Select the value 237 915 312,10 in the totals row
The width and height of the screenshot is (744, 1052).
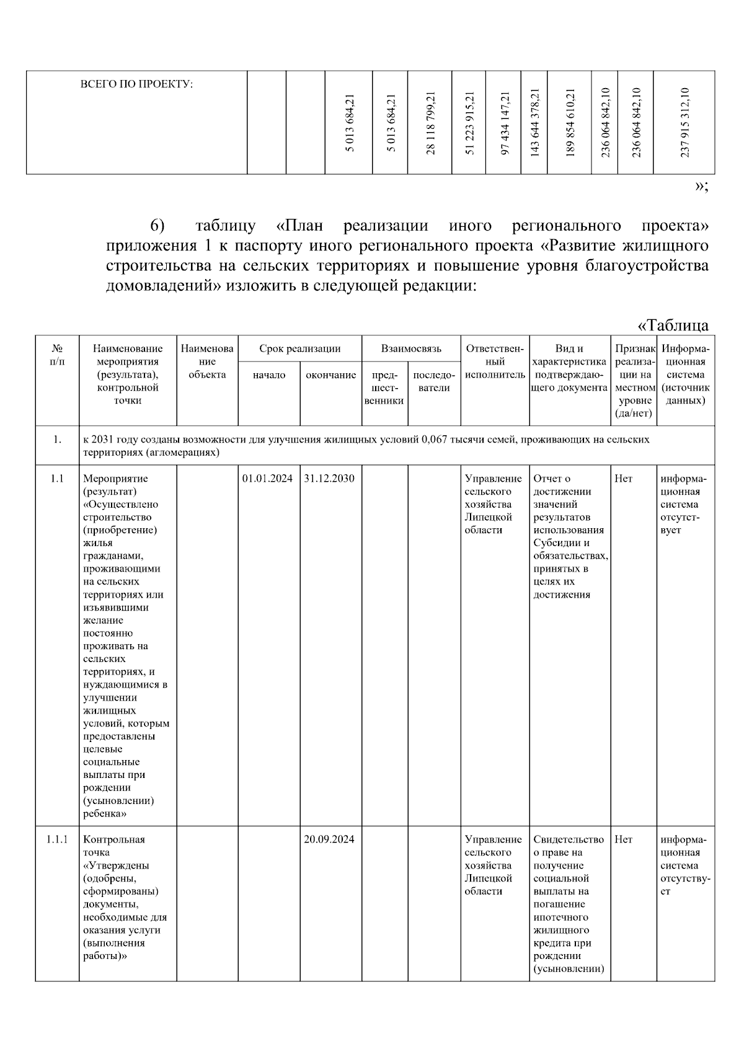point(684,122)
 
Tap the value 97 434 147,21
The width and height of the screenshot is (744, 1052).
point(505,122)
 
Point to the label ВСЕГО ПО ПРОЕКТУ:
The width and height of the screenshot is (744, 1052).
point(137,84)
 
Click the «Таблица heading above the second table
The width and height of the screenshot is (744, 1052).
point(673,325)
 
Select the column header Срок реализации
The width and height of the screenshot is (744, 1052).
point(300,349)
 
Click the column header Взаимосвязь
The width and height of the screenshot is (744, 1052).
point(411,349)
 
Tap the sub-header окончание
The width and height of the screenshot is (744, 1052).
point(331,375)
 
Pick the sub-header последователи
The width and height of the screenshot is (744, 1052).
point(434,381)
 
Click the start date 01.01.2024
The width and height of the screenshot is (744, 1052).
point(268,479)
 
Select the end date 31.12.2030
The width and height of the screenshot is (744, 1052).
point(330,479)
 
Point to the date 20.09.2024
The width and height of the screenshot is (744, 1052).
point(330,839)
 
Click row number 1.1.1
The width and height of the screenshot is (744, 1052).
point(57,839)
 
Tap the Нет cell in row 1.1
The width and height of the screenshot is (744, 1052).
point(624,479)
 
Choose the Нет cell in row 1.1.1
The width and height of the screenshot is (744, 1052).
point(624,839)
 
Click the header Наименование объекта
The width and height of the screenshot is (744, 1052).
point(207,362)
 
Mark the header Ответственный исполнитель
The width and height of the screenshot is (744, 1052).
point(495,362)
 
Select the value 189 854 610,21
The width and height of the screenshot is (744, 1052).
point(571,122)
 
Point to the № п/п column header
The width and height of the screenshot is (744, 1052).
point(57,355)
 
